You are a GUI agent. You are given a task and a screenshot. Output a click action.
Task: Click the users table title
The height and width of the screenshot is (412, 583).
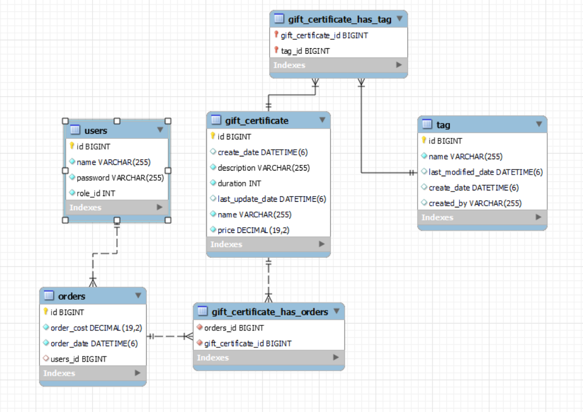tap(96, 131)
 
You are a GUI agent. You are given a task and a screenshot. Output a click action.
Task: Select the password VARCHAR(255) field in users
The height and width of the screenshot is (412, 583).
tap(120, 178)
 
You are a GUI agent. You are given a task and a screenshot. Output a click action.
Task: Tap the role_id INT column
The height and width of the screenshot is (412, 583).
tap(96, 193)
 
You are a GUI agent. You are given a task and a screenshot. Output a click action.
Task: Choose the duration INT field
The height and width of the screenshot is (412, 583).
tap(239, 184)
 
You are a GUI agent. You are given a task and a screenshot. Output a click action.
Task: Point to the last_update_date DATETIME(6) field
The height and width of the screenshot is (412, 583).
tap(271, 199)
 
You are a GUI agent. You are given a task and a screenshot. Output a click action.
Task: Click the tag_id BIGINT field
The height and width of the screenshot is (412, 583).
tap(305, 51)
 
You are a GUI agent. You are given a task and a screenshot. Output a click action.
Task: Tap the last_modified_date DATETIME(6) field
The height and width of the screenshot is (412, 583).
tap(485, 172)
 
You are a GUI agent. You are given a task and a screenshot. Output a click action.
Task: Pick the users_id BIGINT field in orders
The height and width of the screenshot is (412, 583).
tap(78, 359)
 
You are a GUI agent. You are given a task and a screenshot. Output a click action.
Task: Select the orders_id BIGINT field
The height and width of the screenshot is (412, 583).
tap(233, 328)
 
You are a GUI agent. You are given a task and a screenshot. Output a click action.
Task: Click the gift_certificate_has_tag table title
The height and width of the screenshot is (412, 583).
tap(339, 19)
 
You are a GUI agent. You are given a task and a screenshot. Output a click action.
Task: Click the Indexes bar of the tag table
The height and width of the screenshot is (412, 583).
tap(482, 217)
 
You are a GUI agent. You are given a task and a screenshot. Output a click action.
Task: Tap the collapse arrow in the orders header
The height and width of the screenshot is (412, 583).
tap(138, 296)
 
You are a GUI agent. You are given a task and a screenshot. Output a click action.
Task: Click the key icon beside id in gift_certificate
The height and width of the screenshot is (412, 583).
tap(213, 137)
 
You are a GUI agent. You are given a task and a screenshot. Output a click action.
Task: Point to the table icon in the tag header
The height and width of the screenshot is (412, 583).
tap(427, 125)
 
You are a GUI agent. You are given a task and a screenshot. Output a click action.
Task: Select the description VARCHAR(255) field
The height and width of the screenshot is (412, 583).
tap(263, 168)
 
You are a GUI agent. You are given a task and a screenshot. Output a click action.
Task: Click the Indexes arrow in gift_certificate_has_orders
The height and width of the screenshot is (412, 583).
tap(336, 358)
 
